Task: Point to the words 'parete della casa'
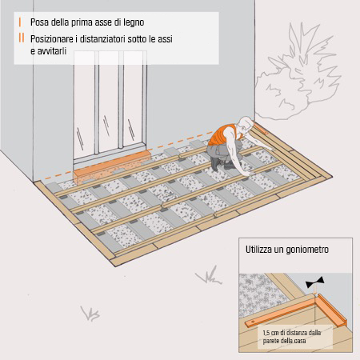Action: click(286, 341)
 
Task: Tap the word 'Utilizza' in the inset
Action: click(262, 250)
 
